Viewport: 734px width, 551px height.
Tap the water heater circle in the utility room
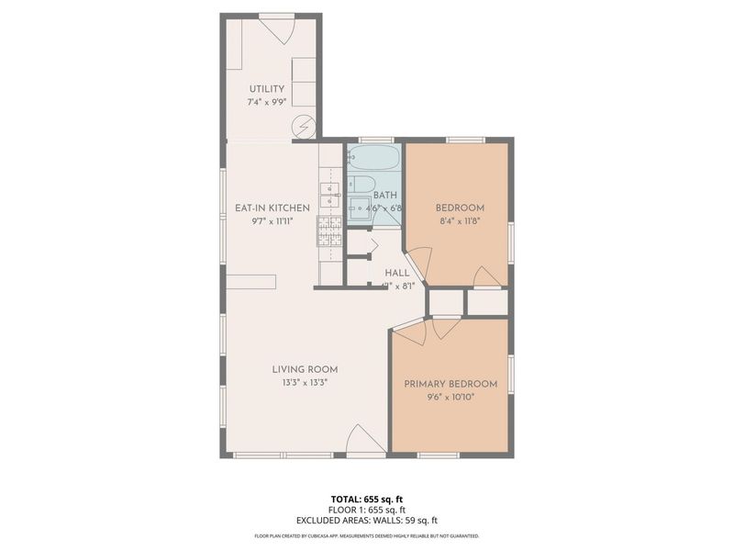click(304, 126)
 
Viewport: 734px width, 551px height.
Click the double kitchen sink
click(329, 195)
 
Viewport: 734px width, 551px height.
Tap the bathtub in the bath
click(374, 157)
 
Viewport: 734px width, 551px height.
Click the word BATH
click(384, 196)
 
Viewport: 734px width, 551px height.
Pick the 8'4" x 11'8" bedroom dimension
click(460, 221)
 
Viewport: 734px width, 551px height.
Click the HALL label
click(397, 273)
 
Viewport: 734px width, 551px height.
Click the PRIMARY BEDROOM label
click(450, 384)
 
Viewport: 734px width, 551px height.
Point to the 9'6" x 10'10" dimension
click(450, 397)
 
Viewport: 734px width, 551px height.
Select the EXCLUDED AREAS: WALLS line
click(366, 519)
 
